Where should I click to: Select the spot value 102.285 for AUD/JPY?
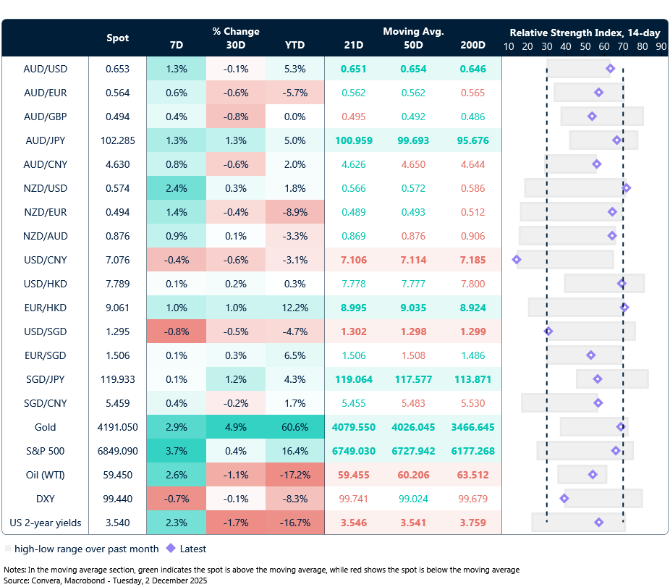point(116,140)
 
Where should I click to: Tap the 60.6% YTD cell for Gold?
point(294,427)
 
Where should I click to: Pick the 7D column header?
point(176,45)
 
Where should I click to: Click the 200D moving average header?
point(472,45)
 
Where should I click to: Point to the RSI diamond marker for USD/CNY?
point(517,260)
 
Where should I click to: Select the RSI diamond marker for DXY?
point(564,499)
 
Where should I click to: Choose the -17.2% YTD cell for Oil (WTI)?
point(294,475)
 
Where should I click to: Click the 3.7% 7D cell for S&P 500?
point(176,451)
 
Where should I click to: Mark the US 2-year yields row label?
point(45,523)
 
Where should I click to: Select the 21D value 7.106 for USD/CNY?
point(354,260)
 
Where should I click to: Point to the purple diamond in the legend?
point(171,549)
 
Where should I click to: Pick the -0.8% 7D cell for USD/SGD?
point(176,331)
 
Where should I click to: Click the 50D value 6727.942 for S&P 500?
point(413,451)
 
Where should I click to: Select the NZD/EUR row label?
point(45,212)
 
